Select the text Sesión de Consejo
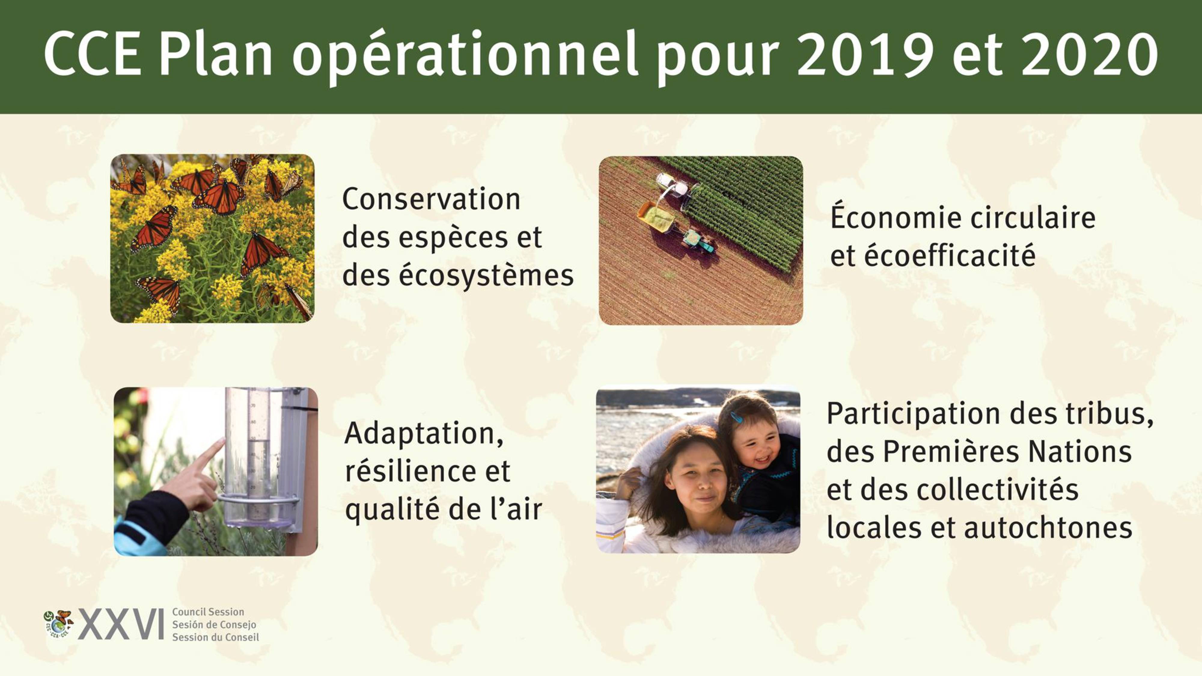click(x=214, y=624)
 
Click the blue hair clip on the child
click(x=736, y=417)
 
